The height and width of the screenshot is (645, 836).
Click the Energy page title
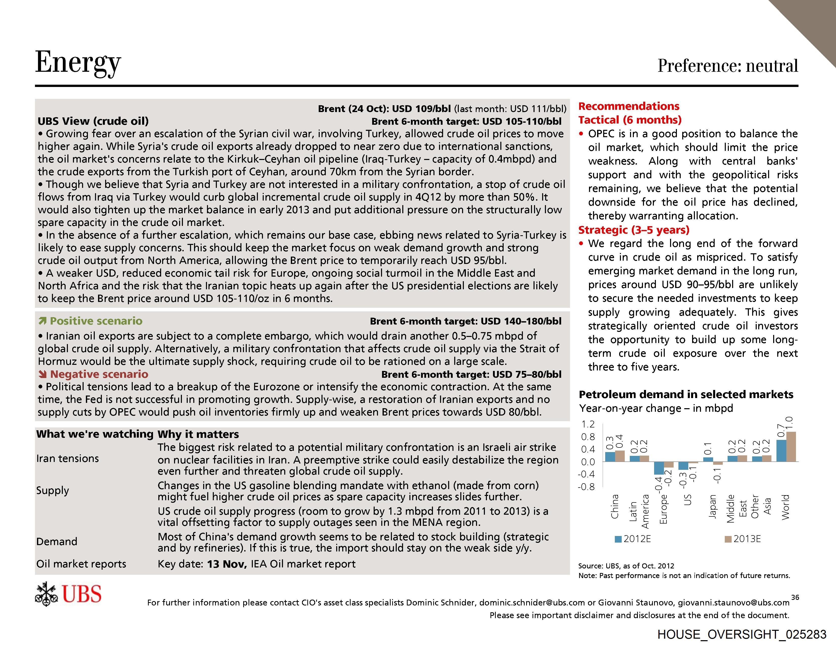78,62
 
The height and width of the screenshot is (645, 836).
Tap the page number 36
795,597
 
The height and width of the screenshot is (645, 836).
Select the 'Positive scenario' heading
96,321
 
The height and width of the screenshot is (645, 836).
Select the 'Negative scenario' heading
99,374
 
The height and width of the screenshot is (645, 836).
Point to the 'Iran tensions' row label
67,458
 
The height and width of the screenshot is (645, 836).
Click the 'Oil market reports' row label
81,564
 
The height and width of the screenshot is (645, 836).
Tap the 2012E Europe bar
659,468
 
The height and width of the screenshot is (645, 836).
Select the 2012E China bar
610,457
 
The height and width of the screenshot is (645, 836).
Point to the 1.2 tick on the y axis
588,424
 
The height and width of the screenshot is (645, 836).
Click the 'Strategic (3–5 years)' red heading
634,230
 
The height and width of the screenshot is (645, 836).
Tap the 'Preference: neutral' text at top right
728,65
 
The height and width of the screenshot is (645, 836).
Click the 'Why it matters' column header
198,434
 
